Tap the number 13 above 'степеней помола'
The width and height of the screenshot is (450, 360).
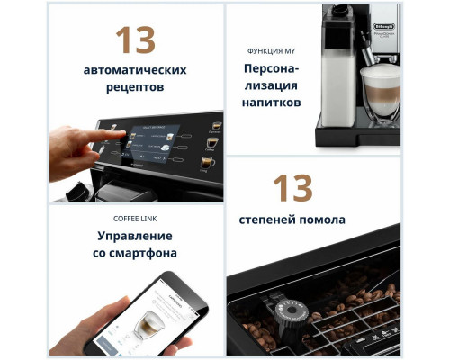tap(292, 189)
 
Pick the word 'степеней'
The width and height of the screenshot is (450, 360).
tap(267, 220)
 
